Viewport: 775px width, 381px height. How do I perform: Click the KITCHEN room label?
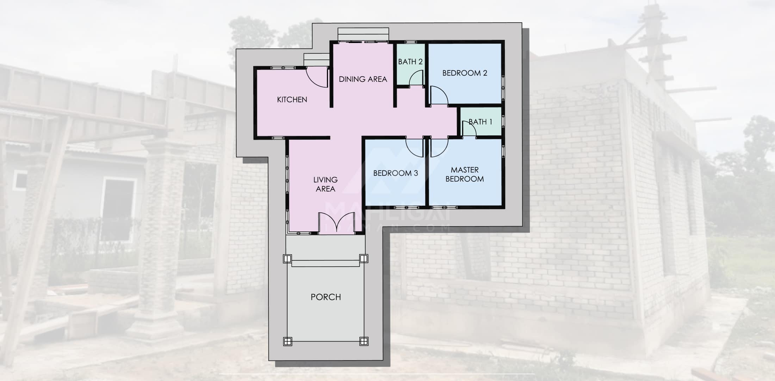click(292, 99)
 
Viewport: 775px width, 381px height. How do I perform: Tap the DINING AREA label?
click(363, 79)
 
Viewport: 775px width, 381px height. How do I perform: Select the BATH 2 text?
click(410, 62)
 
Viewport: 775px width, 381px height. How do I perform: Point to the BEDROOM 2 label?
click(465, 73)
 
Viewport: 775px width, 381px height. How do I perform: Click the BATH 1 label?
click(480, 122)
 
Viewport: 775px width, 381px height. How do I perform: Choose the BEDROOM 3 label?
click(396, 173)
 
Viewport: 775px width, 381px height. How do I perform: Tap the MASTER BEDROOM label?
click(465, 174)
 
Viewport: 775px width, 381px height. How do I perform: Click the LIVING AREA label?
click(325, 184)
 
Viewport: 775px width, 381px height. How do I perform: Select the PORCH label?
click(326, 297)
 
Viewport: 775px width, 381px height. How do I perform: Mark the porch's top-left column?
click(287, 259)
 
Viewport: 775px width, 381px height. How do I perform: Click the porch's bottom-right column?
click(364, 341)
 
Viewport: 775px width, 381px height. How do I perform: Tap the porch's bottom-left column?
click(287, 341)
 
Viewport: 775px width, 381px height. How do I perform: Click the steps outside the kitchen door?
click(316, 60)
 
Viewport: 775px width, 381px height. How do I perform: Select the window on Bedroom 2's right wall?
click(503, 86)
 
